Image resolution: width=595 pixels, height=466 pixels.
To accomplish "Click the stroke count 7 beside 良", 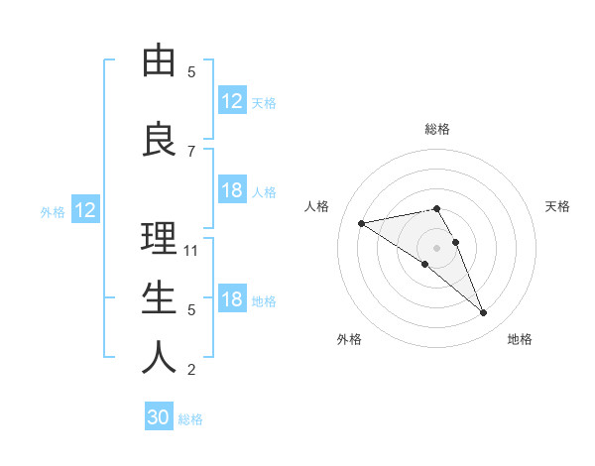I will tap(191, 151).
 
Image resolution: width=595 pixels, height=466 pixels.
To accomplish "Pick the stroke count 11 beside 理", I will tap(191, 250).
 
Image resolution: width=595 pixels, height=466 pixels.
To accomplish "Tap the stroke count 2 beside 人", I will tap(191, 370).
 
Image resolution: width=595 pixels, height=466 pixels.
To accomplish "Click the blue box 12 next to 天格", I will tap(232, 101).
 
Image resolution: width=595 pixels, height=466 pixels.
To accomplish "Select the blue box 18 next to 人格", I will tap(232, 190).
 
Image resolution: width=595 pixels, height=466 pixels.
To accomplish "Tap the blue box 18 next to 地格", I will tap(232, 299).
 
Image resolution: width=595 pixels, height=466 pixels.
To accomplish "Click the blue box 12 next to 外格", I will tap(85, 210).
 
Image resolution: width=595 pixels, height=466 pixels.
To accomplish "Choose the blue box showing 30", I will tap(159, 417).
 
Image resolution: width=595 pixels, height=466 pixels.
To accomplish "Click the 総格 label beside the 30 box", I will tap(190, 419).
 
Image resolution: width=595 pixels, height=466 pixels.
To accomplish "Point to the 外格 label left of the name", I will tap(53, 211).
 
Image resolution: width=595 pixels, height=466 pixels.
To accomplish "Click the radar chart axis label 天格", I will tap(557, 206).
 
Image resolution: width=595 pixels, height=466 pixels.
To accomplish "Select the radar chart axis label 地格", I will tap(520, 339).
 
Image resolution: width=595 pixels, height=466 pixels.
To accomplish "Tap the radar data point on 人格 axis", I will tap(361, 222).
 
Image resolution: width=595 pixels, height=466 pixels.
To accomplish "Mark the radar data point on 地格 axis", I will tap(483, 313).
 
